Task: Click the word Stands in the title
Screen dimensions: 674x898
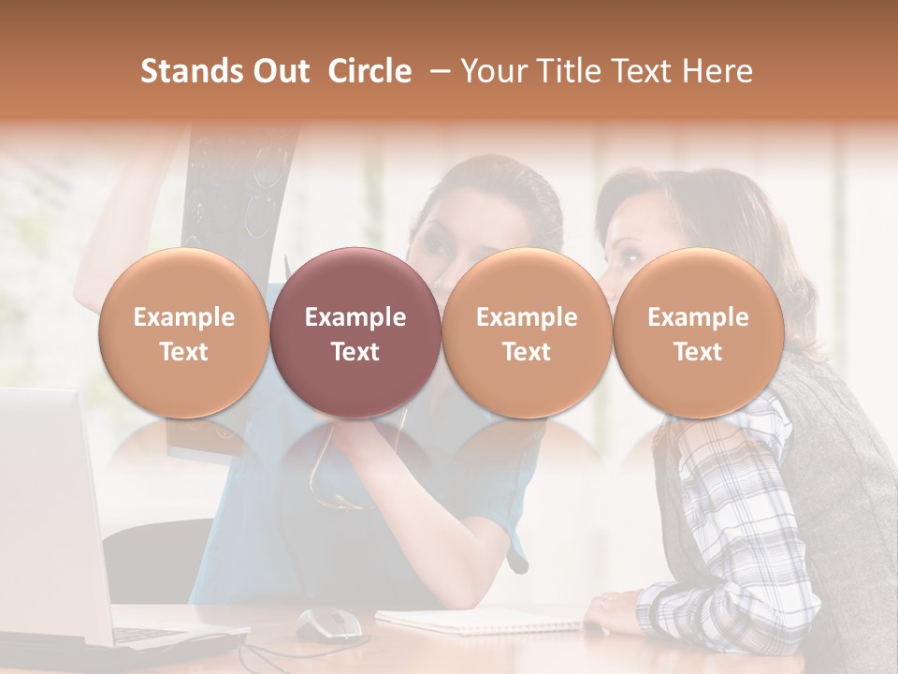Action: pyautogui.click(x=183, y=71)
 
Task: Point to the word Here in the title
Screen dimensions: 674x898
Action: pyautogui.click(x=720, y=71)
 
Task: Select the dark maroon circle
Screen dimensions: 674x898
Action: pyautogui.click(x=355, y=332)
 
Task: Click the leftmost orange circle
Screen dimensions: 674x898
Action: pyautogui.click(x=184, y=332)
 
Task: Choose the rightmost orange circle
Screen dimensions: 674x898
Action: pyautogui.click(x=698, y=332)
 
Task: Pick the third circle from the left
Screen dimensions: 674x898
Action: pyautogui.click(x=527, y=332)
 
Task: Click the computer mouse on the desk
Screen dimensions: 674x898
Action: pyautogui.click(x=327, y=622)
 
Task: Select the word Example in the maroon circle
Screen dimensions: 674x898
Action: pyautogui.click(x=355, y=317)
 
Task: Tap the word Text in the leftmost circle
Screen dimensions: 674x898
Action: pyautogui.click(x=184, y=352)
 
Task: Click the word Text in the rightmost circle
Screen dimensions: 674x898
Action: pyautogui.click(x=698, y=352)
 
